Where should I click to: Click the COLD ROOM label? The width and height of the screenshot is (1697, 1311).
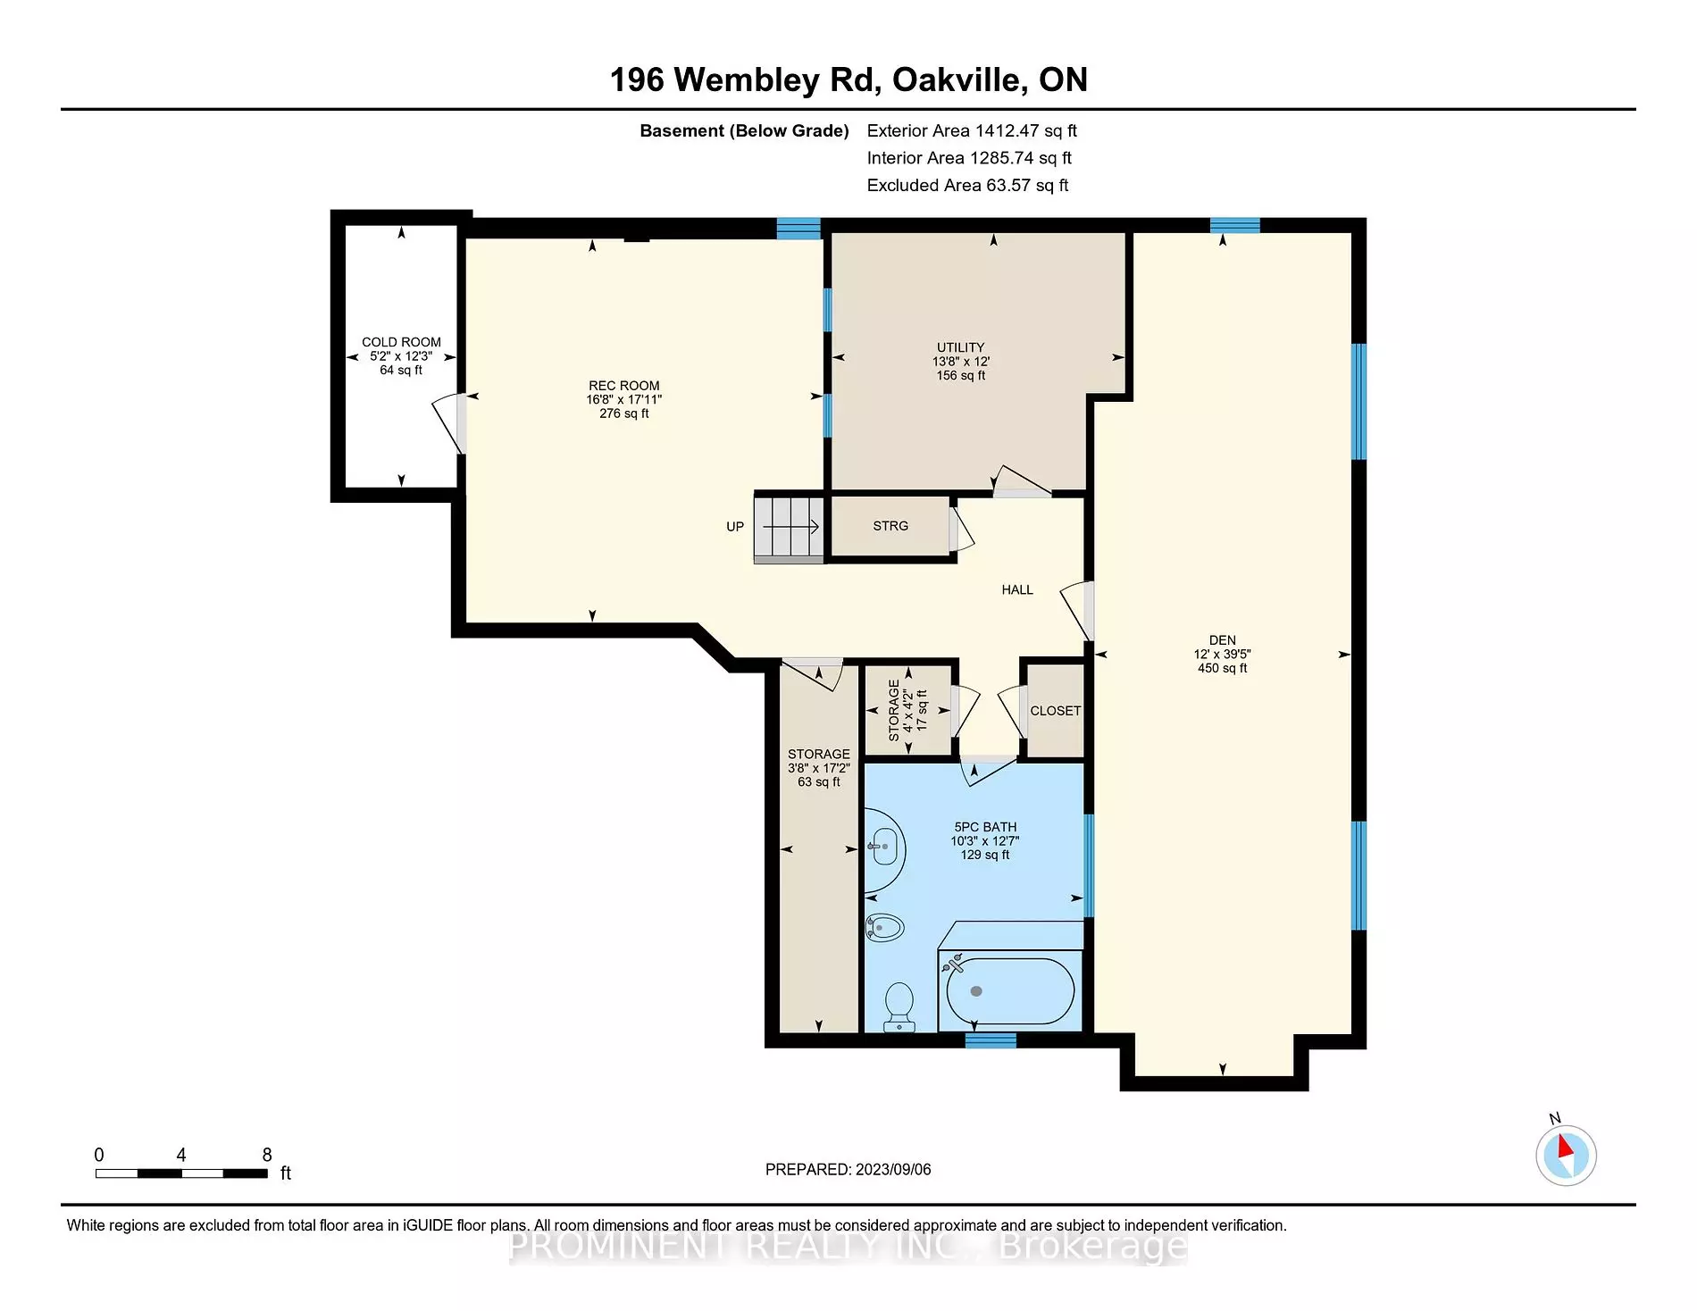[401, 342]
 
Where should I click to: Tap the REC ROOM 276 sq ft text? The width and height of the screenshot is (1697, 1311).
[623, 413]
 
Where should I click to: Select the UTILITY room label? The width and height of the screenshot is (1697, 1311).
[960, 347]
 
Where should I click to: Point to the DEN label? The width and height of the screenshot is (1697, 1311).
[1222, 640]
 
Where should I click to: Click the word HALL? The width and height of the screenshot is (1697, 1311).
[1016, 589]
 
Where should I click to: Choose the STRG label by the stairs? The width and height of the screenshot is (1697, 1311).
[890, 526]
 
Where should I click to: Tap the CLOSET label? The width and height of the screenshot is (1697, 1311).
[1055, 711]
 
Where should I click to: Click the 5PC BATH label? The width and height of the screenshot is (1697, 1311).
[984, 827]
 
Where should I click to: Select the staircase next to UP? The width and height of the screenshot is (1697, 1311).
[789, 528]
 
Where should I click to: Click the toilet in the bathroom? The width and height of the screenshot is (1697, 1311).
[899, 1006]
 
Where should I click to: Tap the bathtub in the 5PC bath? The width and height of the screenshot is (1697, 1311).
[1009, 991]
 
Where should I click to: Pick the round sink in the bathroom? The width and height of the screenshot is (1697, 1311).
[884, 847]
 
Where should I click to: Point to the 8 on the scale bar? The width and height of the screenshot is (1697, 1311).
[266, 1155]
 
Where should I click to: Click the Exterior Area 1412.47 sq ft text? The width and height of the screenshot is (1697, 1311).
[971, 130]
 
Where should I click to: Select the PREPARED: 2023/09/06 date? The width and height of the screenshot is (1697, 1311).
[848, 1169]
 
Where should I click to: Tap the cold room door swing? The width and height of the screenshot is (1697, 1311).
[448, 424]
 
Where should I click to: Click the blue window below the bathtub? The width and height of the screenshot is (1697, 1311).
[991, 1040]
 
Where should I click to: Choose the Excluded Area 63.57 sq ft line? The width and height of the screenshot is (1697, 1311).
[966, 185]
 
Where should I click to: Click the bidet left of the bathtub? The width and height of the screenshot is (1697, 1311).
[884, 928]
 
